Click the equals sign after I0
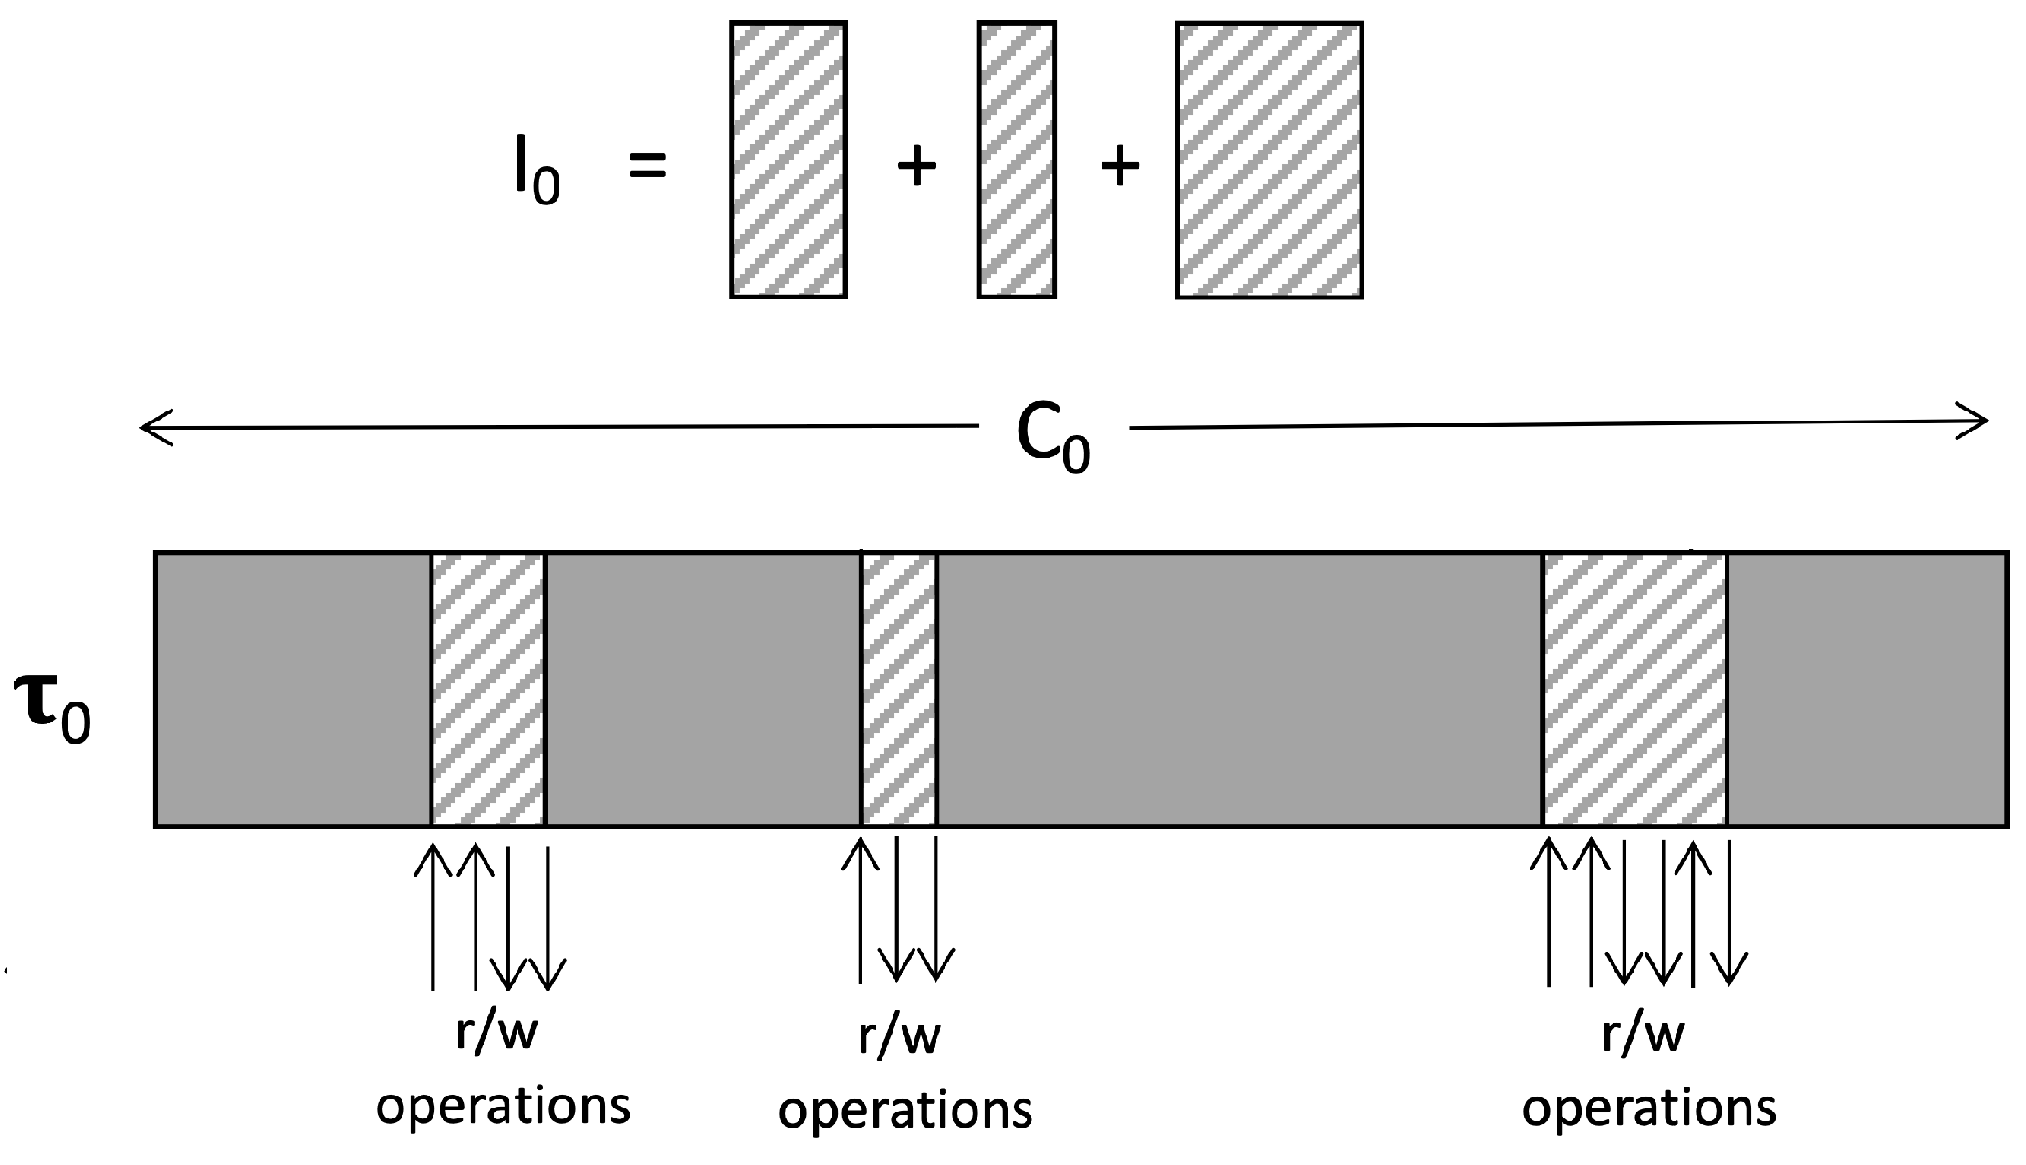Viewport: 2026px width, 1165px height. click(x=648, y=166)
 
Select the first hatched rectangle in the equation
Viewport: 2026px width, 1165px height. click(x=788, y=160)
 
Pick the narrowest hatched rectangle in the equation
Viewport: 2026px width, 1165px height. click(x=1017, y=160)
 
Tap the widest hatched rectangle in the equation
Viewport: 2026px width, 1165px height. click(x=1269, y=160)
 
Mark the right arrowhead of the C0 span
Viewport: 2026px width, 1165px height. click(x=1977, y=421)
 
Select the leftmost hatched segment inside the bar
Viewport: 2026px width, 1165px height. click(x=488, y=689)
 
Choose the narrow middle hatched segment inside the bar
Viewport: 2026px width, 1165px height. click(x=900, y=689)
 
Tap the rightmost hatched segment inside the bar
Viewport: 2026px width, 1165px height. click(x=1634, y=689)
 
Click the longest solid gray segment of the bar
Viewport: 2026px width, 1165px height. click(x=1239, y=689)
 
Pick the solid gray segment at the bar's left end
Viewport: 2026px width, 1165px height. click(x=293, y=689)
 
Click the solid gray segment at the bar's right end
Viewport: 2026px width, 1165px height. click(x=1866, y=689)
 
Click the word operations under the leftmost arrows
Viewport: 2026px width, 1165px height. click(x=503, y=1107)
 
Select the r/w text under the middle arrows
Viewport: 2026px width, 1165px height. click(x=899, y=1036)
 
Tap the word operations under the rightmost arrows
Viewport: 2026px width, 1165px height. click(x=1649, y=1108)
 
